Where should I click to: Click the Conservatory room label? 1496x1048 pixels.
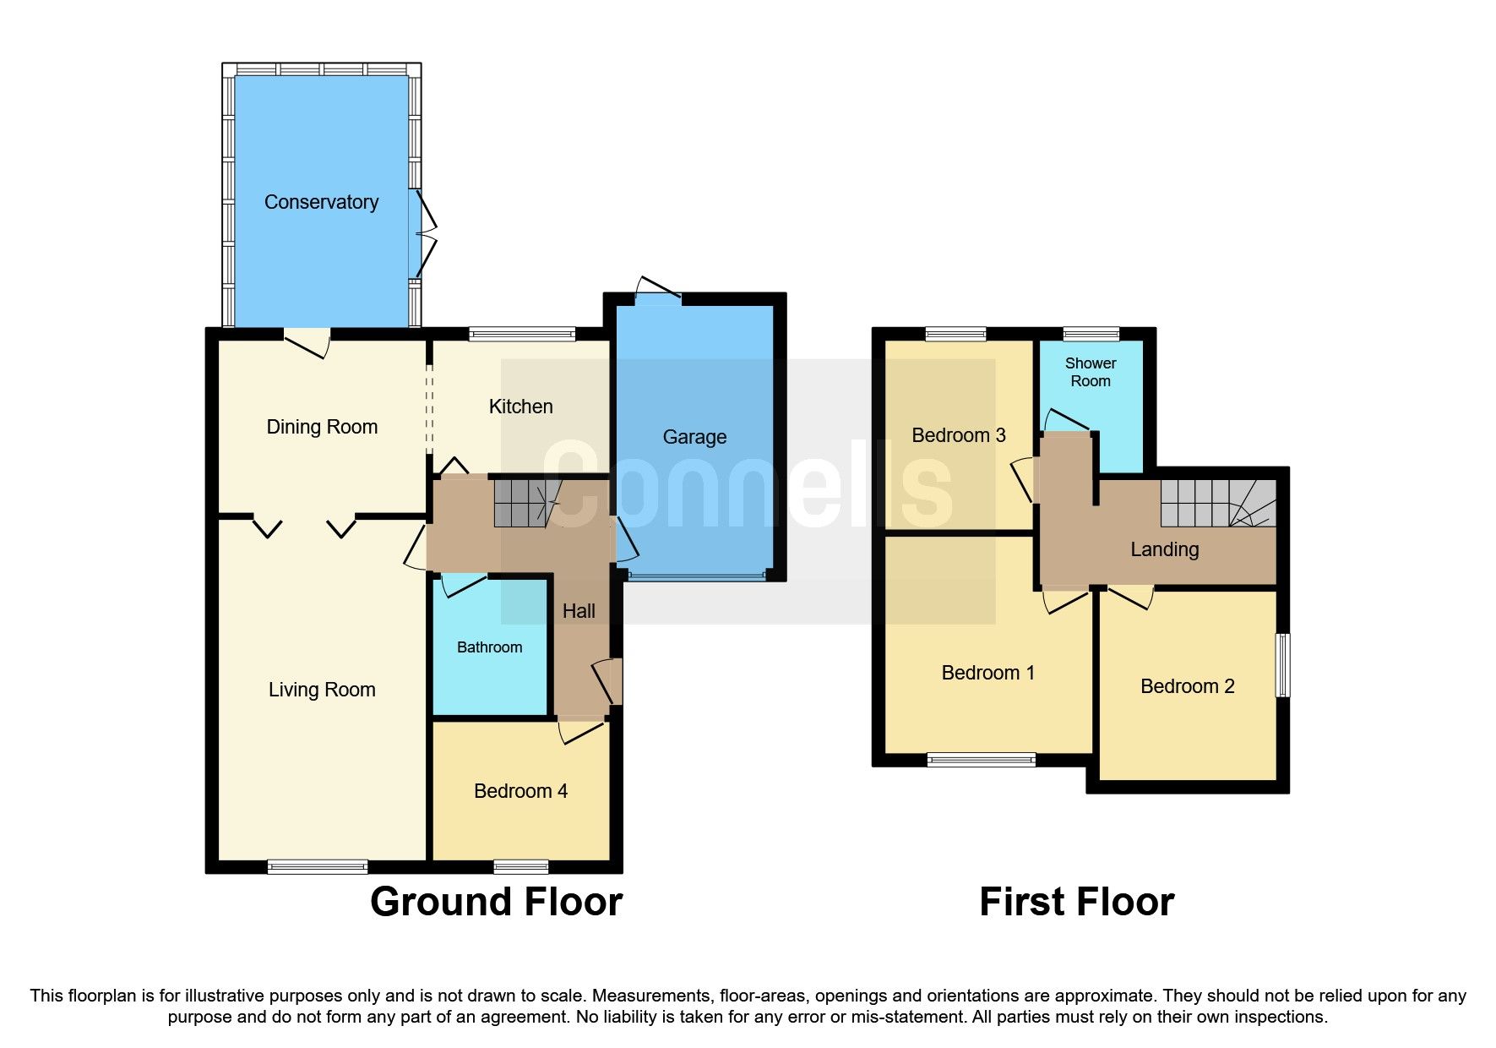pos(321,202)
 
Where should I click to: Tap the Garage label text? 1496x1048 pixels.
pos(694,437)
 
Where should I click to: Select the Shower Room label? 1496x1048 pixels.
pos(1090,372)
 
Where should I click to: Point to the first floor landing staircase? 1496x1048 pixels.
pos(1216,504)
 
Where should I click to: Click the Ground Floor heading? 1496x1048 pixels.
pos(496,902)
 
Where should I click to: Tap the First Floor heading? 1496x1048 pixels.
pos(1076,902)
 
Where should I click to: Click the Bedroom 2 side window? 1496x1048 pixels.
pos(1282,665)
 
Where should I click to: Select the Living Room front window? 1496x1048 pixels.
pos(318,866)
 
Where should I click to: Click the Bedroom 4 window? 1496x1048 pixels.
pos(521,866)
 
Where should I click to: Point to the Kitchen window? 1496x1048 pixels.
pos(522,334)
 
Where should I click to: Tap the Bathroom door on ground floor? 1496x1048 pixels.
pos(463,584)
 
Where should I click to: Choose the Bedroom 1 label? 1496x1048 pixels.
pos(987,673)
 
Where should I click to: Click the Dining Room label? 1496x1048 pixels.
pos(322,427)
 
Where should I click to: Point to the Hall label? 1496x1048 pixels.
pos(579,611)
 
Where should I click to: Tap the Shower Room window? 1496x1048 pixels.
pos(1091,334)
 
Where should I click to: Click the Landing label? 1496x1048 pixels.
pos(1164,549)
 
